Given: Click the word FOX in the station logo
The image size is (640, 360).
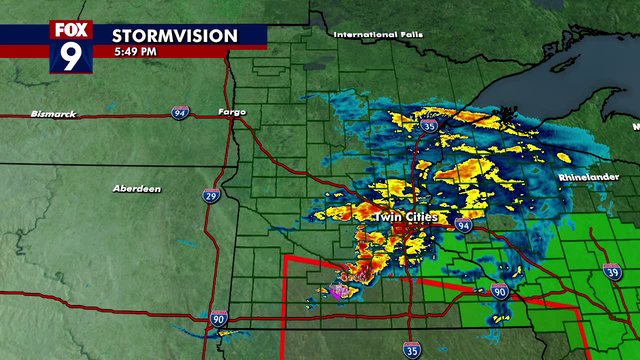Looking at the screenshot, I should pyautogui.click(x=72, y=30).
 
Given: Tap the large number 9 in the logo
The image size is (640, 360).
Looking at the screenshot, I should pyautogui.click(x=72, y=55).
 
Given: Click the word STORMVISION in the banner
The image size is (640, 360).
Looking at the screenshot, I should pyautogui.click(x=175, y=36).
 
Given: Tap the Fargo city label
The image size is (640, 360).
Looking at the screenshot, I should pyautogui.click(x=232, y=111).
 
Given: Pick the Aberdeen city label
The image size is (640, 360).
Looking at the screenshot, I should pyautogui.click(x=137, y=188).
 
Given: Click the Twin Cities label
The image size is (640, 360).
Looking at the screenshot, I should pyautogui.click(x=403, y=216).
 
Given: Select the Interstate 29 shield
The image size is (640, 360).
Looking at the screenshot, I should pyautogui.click(x=210, y=195).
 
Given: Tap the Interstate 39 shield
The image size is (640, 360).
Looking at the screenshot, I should pyautogui.click(x=612, y=272).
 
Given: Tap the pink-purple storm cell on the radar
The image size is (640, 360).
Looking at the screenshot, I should pyautogui.click(x=340, y=291).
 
